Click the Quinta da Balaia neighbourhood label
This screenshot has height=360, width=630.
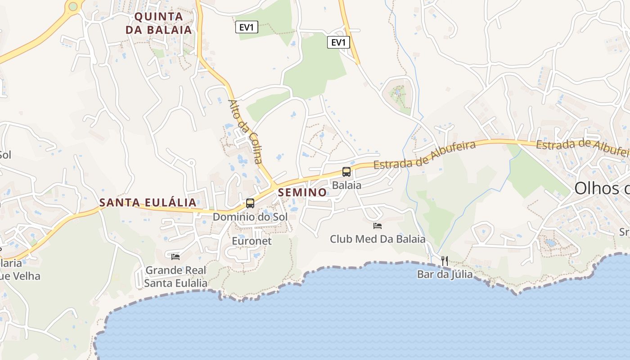click(159, 23)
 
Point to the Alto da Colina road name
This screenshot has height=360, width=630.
click(245, 131)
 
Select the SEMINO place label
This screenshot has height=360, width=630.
click(302, 193)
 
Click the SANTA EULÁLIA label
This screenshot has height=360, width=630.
click(148, 202)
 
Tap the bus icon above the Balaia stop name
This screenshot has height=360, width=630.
click(346, 171)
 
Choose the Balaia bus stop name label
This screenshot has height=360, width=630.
click(346, 185)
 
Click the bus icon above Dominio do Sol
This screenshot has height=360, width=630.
click(250, 203)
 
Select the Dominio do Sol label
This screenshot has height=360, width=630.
click(250, 217)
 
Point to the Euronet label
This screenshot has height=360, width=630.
click(252, 241)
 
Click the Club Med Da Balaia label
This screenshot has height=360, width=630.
click(378, 239)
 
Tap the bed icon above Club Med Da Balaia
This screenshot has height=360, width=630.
click(378, 225)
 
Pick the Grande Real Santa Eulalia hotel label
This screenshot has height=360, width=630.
click(175, 276)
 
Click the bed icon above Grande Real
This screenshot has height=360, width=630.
click(175, 256)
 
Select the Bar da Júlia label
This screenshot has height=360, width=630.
click(445, 274)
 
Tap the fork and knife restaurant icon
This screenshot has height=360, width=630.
click(445, 261)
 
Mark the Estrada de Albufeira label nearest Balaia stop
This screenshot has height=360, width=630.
click(425, 155)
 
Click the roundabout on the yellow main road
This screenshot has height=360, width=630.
click(73, 6)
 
